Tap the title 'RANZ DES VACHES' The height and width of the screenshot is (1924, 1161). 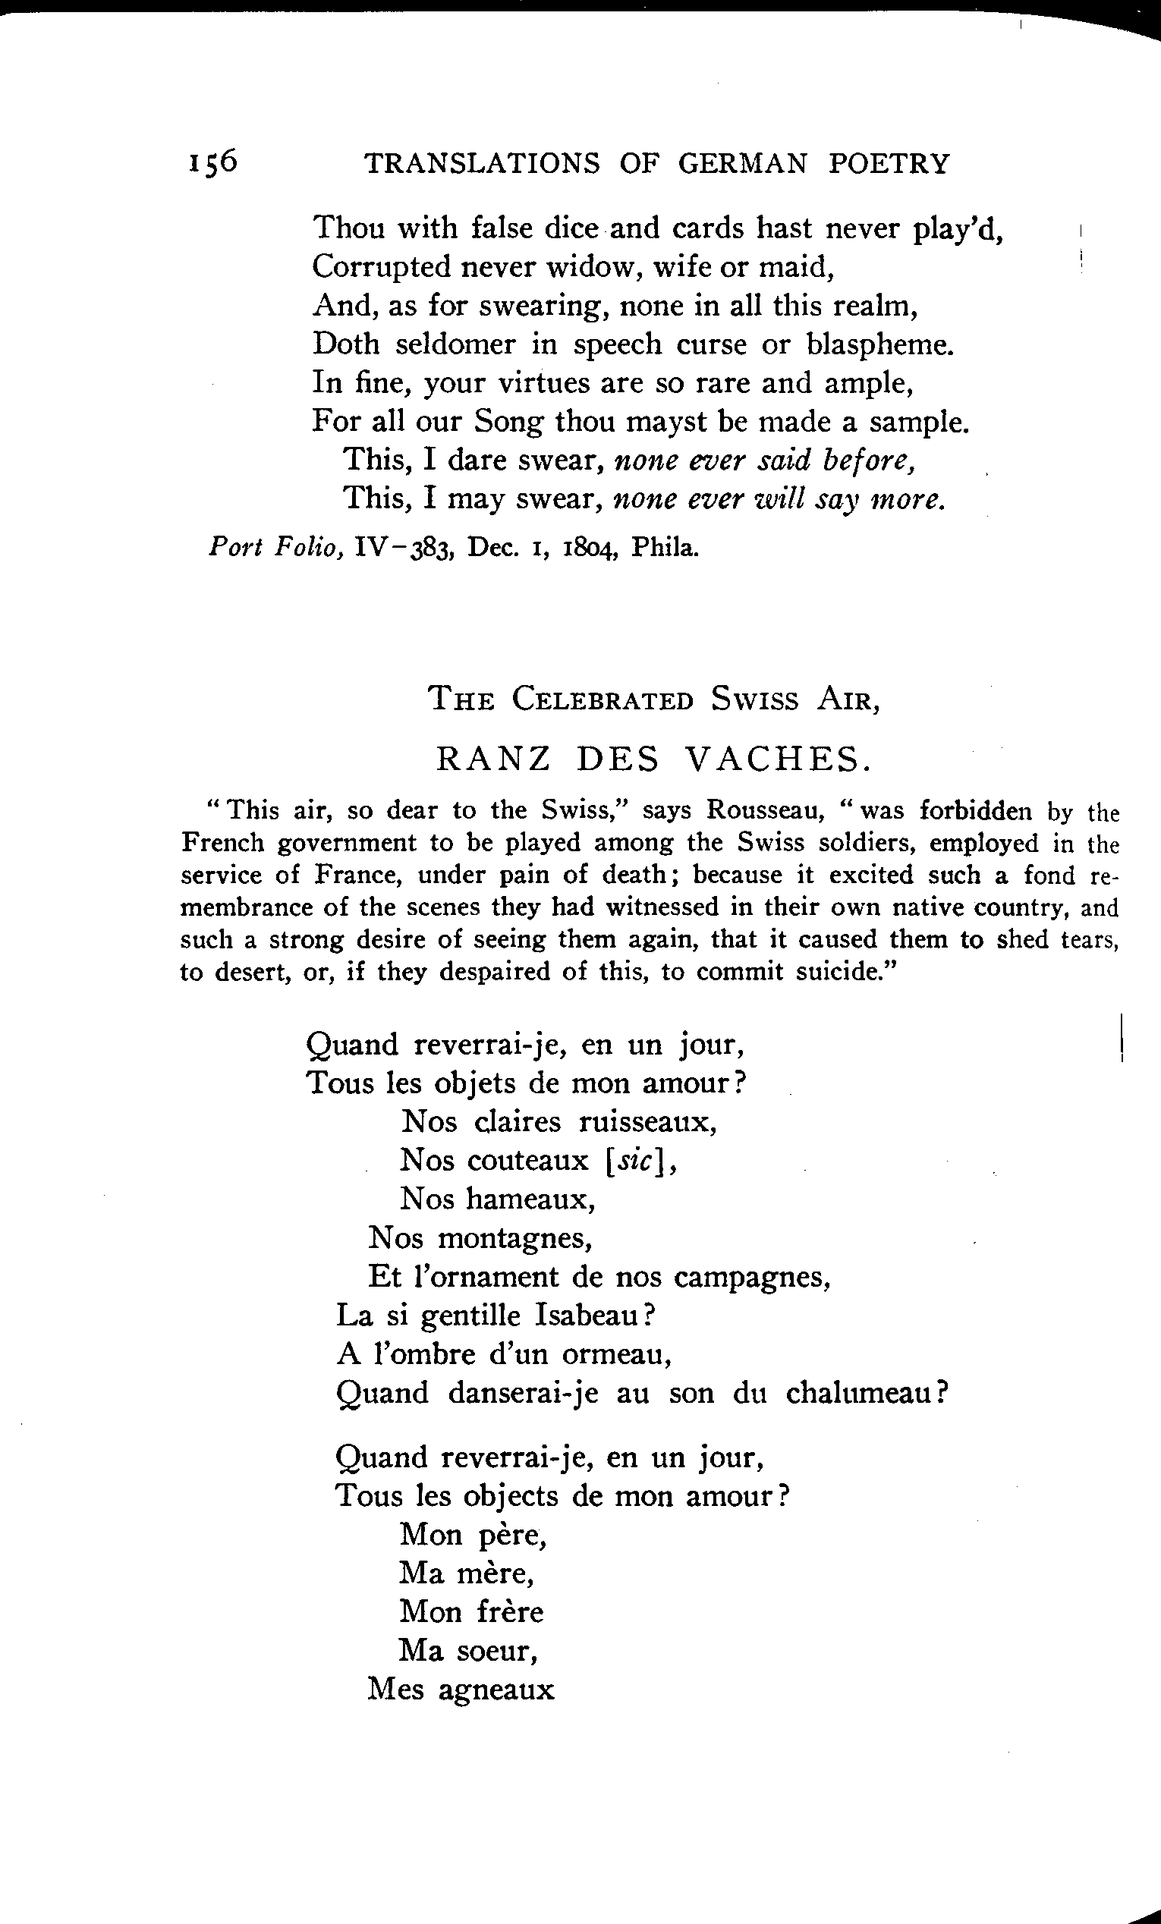tap(653, 758)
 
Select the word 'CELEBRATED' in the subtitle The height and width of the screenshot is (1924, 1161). tap(603, 699)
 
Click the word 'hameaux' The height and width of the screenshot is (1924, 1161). tap(531, 1199)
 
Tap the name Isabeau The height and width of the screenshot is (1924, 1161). tap(594, 1316)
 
